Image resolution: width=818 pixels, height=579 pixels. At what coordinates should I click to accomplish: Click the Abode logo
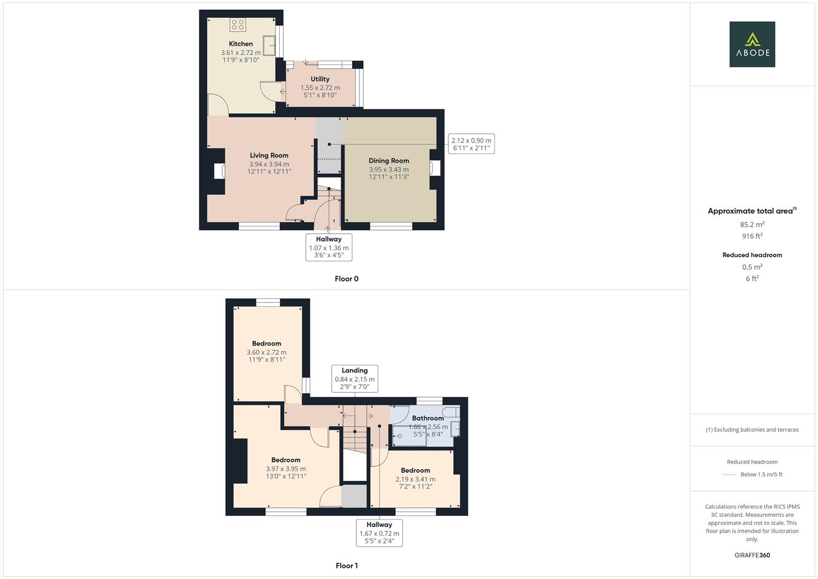point(752,44)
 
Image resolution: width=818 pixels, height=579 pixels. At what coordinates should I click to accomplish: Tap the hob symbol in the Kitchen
point(238,25)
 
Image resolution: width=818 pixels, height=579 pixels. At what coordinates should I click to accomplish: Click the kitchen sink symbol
point(269,46)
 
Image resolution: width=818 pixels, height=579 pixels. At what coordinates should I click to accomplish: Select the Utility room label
point(320,79)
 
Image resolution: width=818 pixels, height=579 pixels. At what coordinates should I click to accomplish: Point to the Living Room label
point(269,155)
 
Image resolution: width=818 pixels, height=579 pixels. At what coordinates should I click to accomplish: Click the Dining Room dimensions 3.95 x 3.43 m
point(388,169)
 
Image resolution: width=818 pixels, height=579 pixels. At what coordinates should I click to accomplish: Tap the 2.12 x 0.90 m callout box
point(471,144)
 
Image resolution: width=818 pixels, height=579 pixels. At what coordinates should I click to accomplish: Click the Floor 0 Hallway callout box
point(328,247)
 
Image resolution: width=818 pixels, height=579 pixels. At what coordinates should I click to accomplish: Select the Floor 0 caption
point(347,279)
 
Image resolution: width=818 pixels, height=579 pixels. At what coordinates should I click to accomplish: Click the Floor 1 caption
point(347,566)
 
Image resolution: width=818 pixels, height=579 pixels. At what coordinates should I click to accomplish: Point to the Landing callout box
point(355,378)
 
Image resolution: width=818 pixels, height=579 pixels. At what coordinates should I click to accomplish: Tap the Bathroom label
point(427,418)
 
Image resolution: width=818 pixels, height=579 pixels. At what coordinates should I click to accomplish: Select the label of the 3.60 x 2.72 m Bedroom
point(266,344)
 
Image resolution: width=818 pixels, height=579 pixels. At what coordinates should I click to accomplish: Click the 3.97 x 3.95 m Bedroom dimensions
point(286,469)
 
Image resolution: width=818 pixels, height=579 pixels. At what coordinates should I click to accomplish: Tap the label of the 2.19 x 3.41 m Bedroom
point(415,470)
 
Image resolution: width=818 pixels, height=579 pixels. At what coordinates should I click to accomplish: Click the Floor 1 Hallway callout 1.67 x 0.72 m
point(379,533)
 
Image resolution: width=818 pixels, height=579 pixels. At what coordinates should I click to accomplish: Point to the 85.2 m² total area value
point(752,225)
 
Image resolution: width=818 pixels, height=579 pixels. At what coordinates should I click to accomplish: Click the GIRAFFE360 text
point(752,555)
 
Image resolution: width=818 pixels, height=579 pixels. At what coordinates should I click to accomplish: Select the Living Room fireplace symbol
point(219,171)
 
